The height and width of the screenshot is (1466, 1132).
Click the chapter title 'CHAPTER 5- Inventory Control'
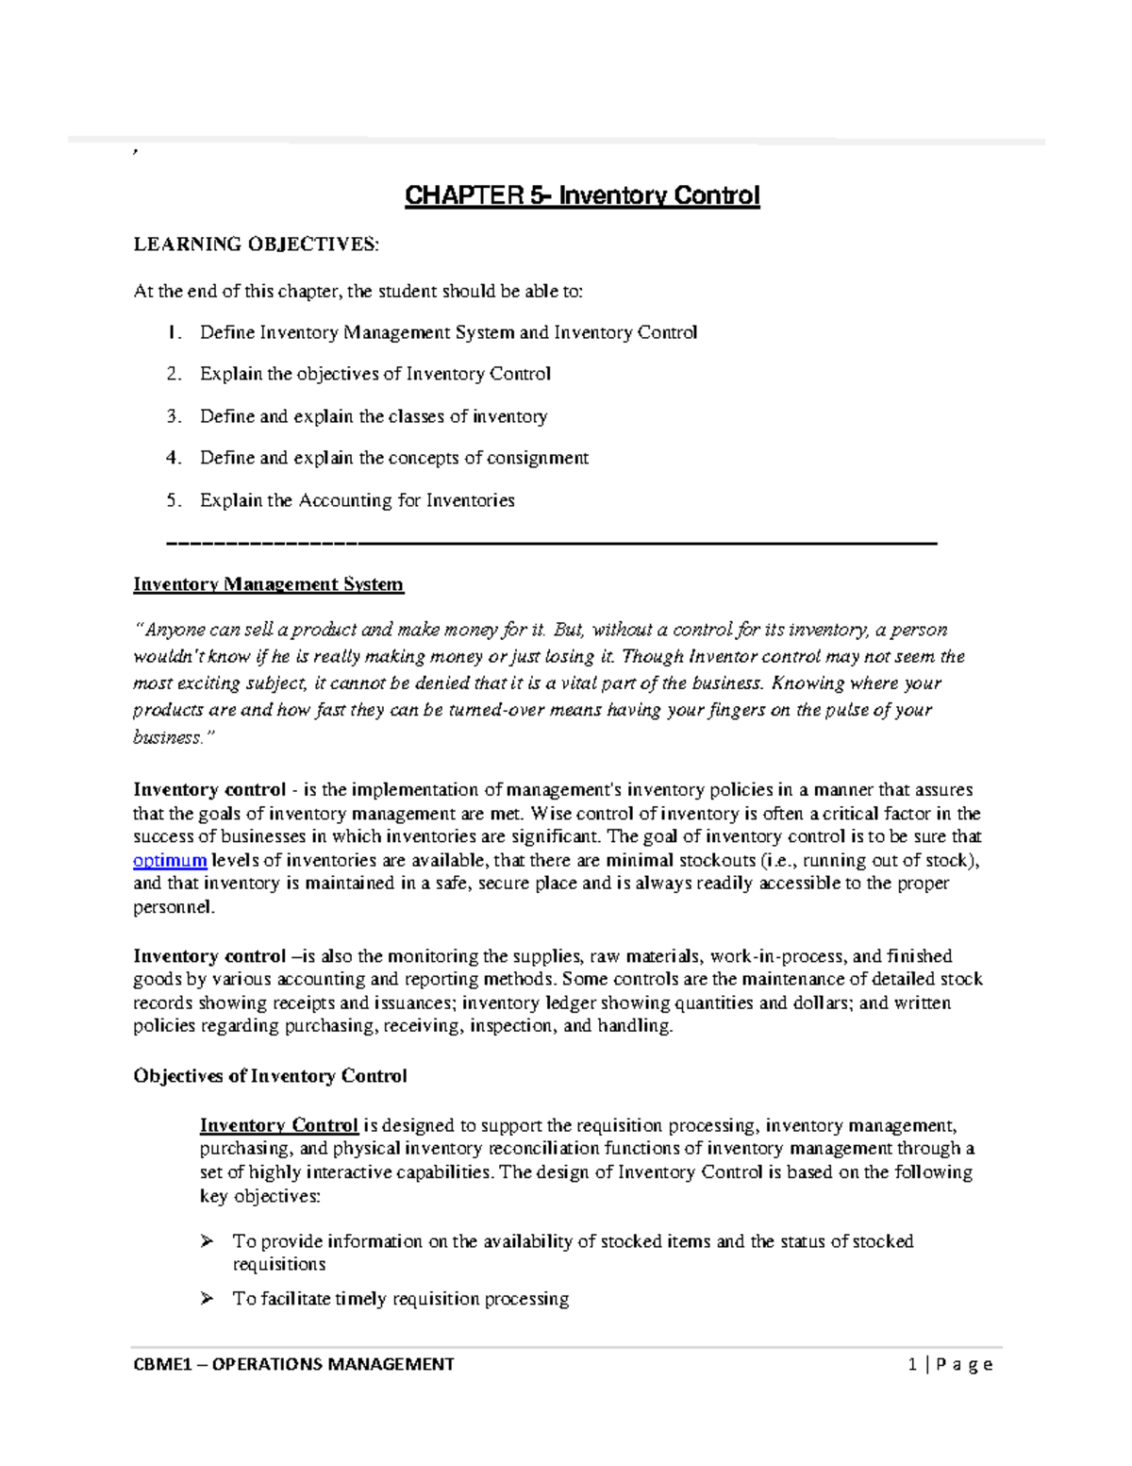(x=582, y=196)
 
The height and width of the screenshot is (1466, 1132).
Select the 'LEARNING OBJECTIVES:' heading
(x=256, y=244)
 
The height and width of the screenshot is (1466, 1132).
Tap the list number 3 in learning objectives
(x=173, y=416)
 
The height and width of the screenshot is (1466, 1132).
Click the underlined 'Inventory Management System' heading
(x=268, y=584)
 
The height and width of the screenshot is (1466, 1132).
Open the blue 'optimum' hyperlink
(x=170, y=860)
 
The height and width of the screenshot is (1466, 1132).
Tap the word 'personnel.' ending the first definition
(x=174, y=907)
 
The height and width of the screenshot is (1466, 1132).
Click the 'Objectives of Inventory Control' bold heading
(x=270, y=1076)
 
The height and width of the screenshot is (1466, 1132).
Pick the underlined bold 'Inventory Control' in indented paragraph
(x=278, y=1125)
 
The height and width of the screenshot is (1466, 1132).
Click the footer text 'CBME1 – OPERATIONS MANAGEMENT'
(x=293, y=1364)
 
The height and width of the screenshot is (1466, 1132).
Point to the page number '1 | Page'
(x=949, y=1364)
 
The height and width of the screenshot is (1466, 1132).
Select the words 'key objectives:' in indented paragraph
(x=259, y=1196)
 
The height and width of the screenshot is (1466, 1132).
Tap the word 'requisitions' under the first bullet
(x=278, y=1264)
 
